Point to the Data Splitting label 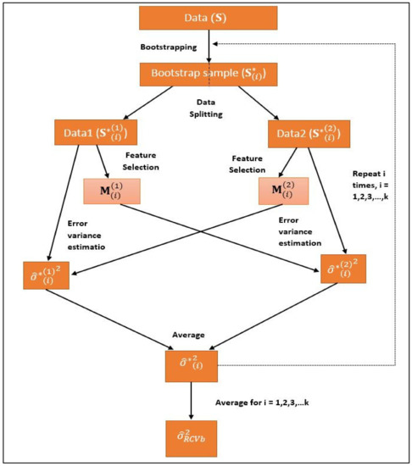pos(206,108)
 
